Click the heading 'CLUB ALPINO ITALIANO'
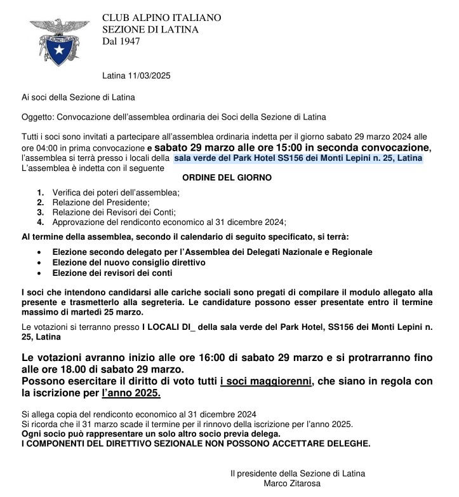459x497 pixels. [161, 18]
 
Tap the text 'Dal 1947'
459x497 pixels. [121, 42]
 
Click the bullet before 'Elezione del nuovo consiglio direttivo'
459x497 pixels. [41, 262]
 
